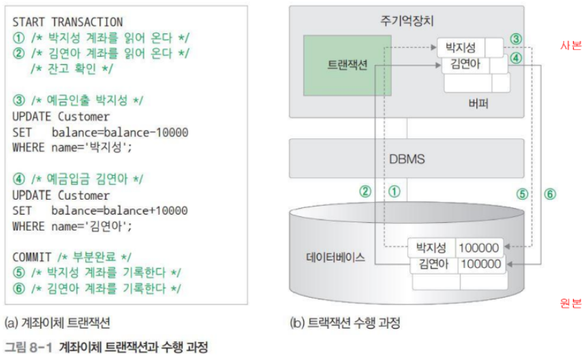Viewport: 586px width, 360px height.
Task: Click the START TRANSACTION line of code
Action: [x=67, y=22]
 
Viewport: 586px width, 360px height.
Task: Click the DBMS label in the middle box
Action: [x=407, y=159]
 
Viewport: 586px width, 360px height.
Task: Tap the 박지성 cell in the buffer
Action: [x=461, y=48]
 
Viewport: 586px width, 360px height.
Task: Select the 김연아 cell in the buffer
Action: [x=461, y=65]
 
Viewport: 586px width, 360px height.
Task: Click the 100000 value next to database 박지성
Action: [x=480, y=248]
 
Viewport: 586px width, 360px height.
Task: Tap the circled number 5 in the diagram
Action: [x=522, y=194]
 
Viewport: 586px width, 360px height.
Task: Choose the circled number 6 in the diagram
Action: [x=550, y=194]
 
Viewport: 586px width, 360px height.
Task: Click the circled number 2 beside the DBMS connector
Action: [x=365, y=192]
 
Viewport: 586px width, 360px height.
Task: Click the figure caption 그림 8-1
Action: [x=31, y=346]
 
